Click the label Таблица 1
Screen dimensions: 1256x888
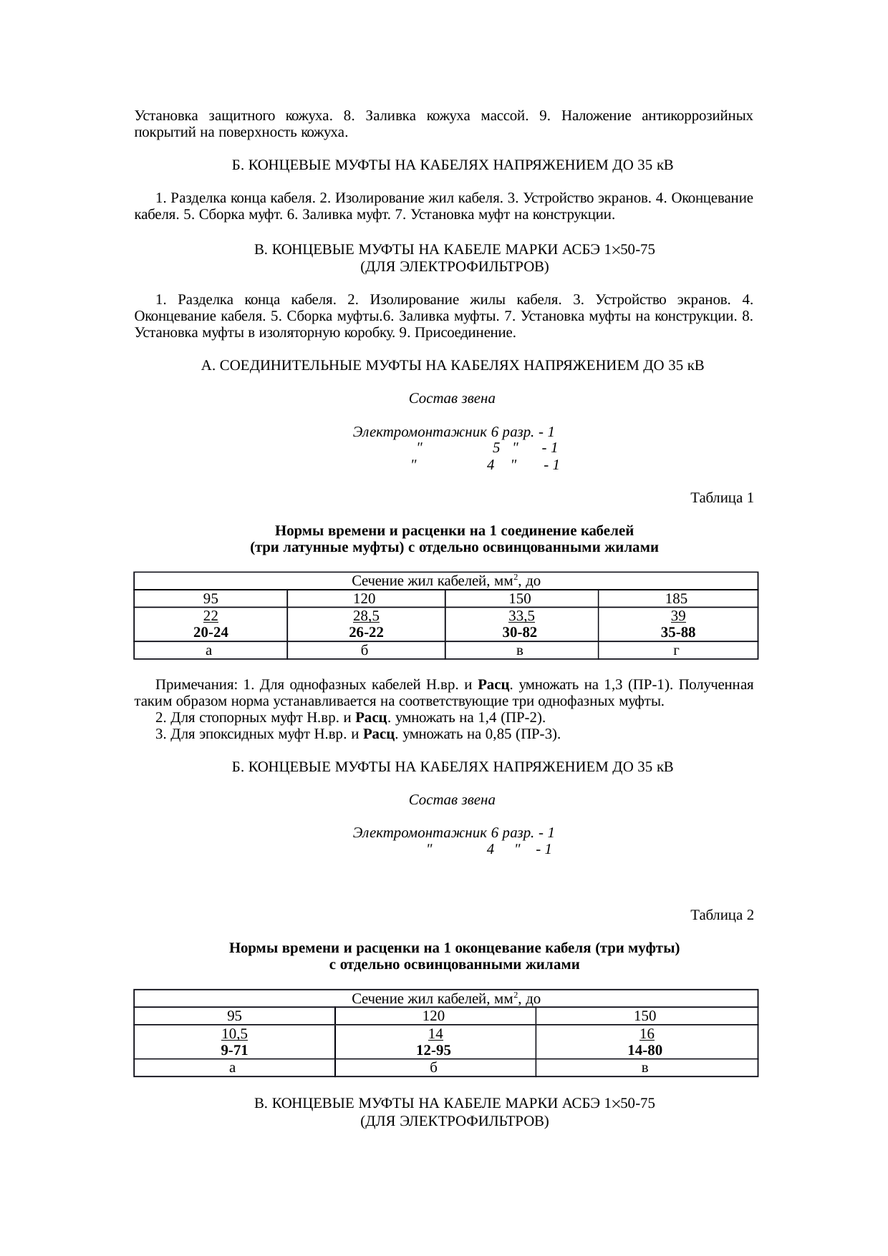coord(721,497)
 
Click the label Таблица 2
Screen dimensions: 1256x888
coord(721,915)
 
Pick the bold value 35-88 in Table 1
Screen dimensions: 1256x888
coord(677,633)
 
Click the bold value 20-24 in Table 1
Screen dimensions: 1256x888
coord(211,633)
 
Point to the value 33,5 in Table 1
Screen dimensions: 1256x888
coord(521,616)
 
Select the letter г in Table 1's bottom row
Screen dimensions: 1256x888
coord(676,651)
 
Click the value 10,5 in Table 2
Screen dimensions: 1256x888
coord(234,1034)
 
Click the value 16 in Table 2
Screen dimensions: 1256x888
coord(646,1034)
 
